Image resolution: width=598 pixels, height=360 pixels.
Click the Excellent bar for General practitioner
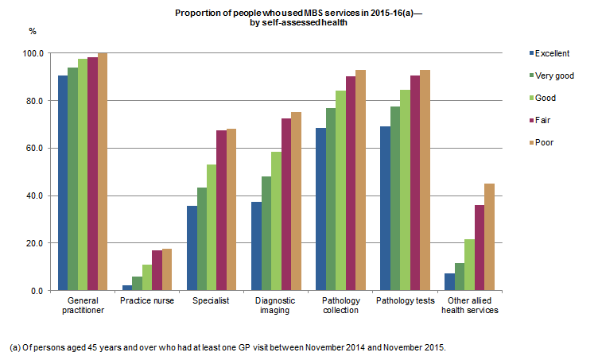(62, 183)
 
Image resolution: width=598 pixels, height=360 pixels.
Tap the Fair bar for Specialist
(222, 211)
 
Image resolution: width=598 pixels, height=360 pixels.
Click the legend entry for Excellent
(551, 53)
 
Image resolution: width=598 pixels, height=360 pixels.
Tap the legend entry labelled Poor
(544, 142)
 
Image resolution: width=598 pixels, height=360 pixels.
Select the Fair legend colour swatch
(530, 120)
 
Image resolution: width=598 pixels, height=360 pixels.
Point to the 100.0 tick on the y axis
(35, 53)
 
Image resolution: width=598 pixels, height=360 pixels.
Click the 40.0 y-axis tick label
(37, 195)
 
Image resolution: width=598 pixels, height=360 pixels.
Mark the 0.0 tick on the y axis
(39, 291)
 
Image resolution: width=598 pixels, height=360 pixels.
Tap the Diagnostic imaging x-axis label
(275, 306)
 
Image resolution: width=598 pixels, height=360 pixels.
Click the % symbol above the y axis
(33, 31)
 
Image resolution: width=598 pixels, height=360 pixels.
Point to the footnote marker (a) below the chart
(14, 348)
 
